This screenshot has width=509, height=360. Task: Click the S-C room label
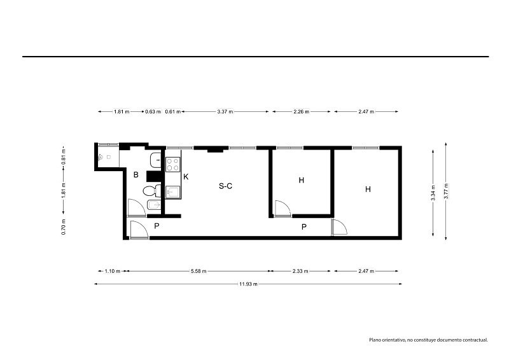click(225, 186)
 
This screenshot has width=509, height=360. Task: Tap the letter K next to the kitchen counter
click(186, 177)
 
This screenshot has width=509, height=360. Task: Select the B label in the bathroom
click(136, 175)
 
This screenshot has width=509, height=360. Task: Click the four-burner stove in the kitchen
click(173, 164)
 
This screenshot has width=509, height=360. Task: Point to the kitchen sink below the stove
click(173, 192)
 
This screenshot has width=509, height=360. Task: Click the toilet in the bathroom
click(152, 191)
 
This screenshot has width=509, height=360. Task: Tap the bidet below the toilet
click(154, 205)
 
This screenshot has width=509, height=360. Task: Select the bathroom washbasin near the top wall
click(155, 160)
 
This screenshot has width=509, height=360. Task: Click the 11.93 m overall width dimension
click(248, 284)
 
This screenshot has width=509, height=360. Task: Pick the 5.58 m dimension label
click(199, 271)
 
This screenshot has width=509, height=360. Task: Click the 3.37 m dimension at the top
click(225, 112)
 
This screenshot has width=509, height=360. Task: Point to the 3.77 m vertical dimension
click(446, 191)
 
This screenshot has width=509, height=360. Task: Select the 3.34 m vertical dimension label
click(433, 193)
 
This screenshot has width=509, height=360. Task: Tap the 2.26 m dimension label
click(301, 112)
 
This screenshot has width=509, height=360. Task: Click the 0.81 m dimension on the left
click(64, 156)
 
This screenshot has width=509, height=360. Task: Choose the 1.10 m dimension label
click(113, 271)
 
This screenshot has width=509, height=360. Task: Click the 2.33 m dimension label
click(300, 271)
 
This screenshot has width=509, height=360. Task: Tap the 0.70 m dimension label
click(64, 227)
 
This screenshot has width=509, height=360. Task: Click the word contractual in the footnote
click(475, 340)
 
